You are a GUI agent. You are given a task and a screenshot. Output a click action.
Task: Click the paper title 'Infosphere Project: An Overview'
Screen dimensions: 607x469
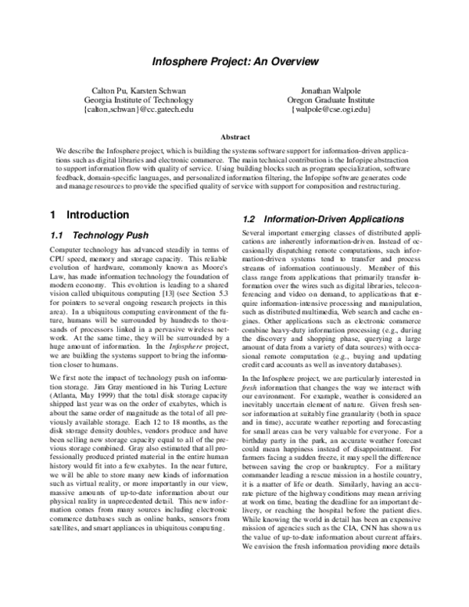coord(234,61)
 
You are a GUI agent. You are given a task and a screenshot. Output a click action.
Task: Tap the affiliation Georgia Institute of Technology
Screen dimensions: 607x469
coord(138,101)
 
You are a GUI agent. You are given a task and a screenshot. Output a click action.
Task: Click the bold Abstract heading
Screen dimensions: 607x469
coord(234,136)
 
